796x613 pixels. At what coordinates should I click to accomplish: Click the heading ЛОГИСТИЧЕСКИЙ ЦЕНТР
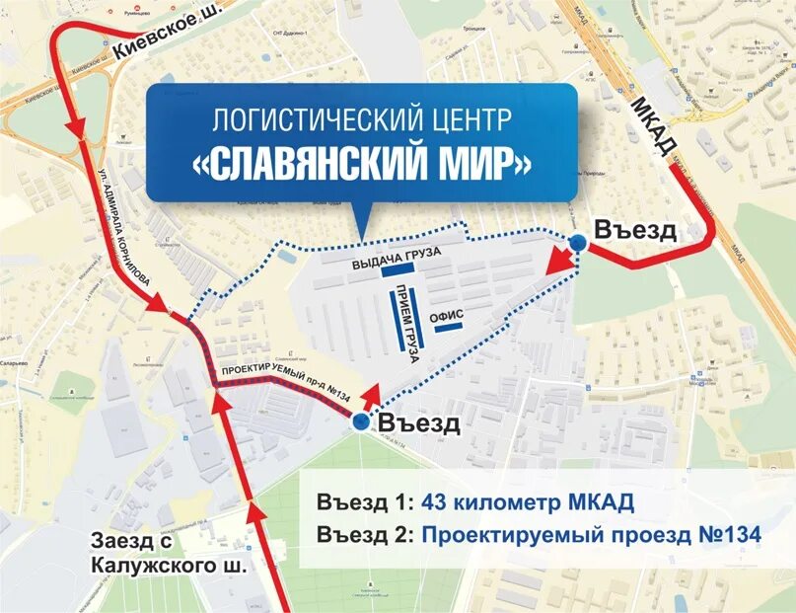(x=362, y=120)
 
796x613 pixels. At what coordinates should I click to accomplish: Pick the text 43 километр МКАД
(x=527, y=502)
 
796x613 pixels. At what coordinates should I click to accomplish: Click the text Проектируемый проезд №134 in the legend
(x=591, y=535)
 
